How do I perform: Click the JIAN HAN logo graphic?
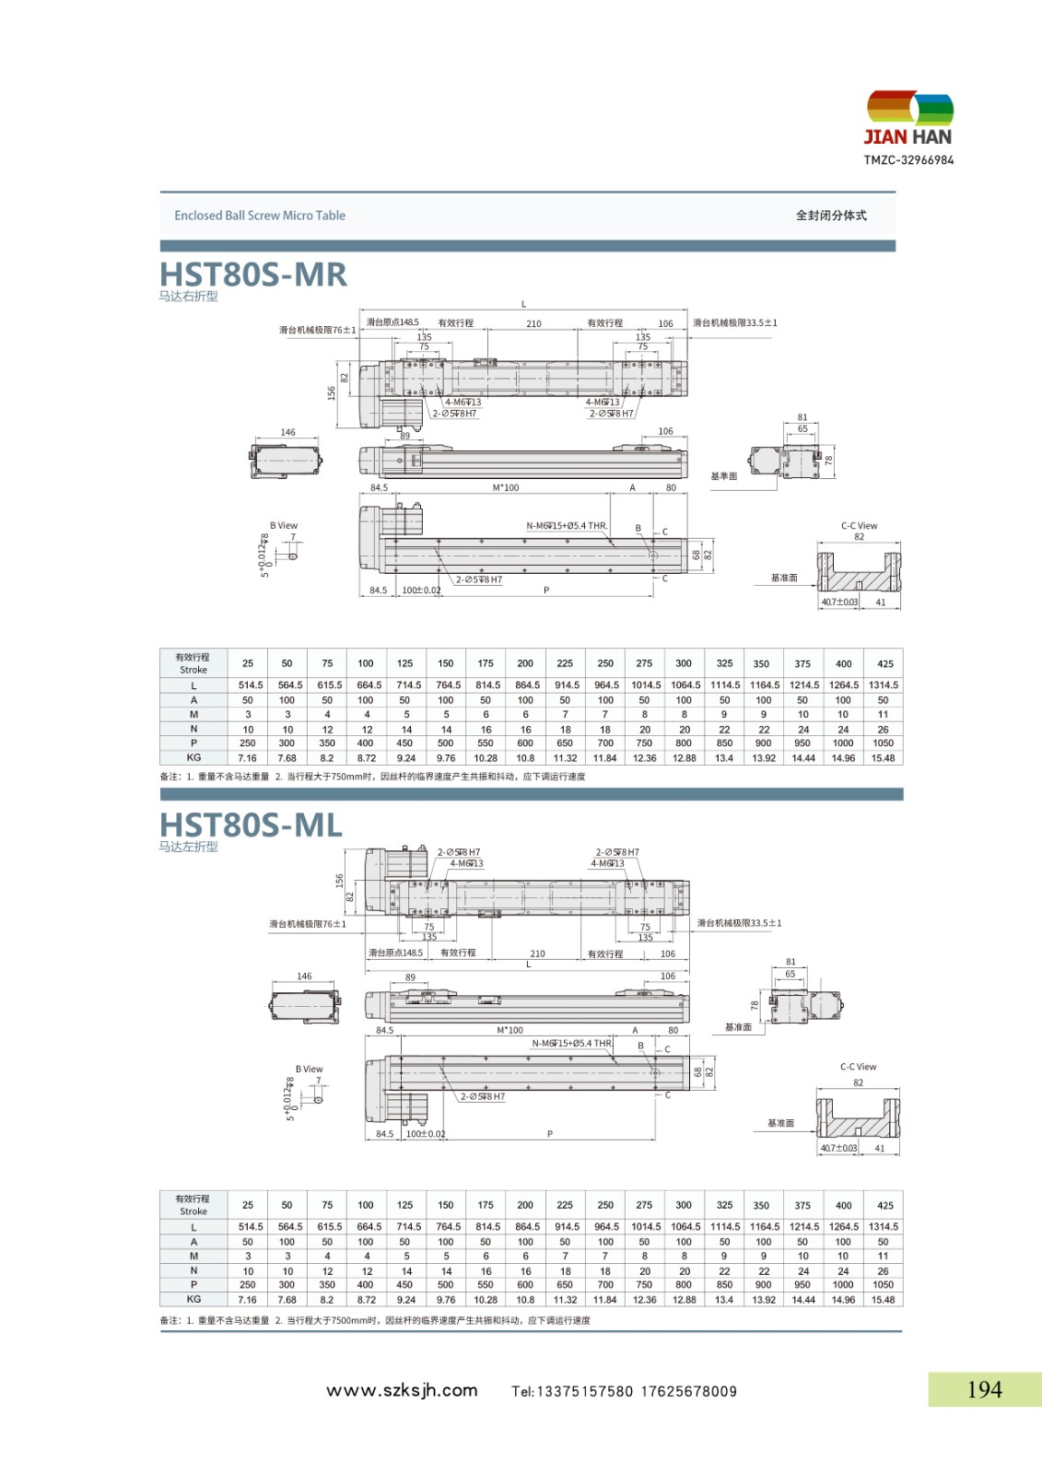click(909, 110)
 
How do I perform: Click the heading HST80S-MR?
click(253, 275)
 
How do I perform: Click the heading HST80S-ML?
click(251, 825)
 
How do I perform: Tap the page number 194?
click(984, 1389)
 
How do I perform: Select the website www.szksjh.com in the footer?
click(402, 1390)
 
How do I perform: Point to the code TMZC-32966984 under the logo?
click(908, 160)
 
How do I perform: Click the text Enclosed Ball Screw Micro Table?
click(260, 216)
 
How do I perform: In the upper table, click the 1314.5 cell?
click(883, 685)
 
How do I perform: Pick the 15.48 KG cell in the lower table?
click(883, 1300)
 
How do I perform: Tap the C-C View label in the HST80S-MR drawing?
click(859, 526)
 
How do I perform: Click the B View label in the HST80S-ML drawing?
click(309, 1070)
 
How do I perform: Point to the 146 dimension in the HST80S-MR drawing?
click(288, 432)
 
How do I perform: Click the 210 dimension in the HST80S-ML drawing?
click(537, 954)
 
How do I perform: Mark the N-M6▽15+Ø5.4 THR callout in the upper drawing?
click(567, 526)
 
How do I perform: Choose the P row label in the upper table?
click(193, 743)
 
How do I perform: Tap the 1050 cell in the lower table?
click(883, 1285)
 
